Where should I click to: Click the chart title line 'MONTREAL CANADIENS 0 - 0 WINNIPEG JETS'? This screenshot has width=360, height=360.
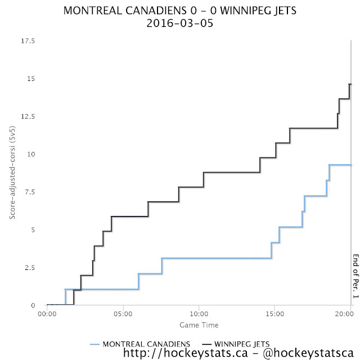[179, 11]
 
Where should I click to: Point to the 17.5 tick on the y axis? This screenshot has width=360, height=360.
[27, 41]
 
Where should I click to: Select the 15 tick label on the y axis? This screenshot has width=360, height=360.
[30, 79]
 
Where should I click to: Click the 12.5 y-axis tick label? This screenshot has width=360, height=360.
[27, 116]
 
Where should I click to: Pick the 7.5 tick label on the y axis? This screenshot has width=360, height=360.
[29, 192]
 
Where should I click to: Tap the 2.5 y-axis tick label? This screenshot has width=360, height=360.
[29, 267]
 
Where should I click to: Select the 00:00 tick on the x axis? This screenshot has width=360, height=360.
[47, 313]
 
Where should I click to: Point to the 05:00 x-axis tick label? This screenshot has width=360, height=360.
[123, 313]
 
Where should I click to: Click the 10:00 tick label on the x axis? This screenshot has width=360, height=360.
[199, 313]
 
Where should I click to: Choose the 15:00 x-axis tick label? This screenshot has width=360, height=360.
[274, 313]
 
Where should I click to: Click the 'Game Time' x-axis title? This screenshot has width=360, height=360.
[199, 325]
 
